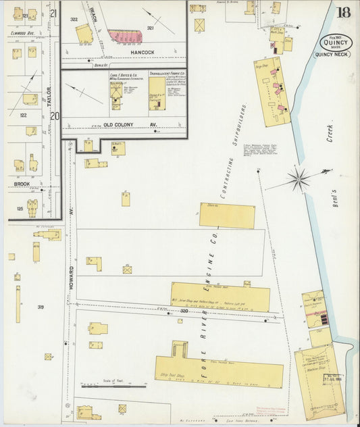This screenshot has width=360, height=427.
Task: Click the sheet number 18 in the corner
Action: tap(343, 11)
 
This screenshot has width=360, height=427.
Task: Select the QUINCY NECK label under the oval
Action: tap(331, 55)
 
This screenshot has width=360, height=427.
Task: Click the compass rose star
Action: tap(298, 179)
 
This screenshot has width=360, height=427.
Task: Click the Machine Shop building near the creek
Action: tap(318, 378)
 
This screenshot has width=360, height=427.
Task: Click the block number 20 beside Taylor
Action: tap(54, 116)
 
